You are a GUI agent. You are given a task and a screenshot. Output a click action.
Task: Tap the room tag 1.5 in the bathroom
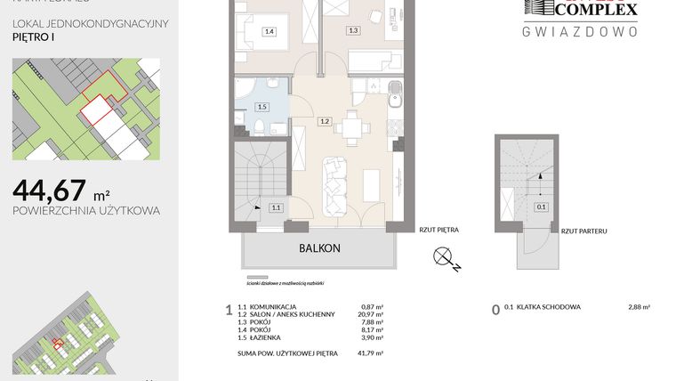pos(261,107)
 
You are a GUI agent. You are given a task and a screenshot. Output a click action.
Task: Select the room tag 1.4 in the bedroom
pos(270,32)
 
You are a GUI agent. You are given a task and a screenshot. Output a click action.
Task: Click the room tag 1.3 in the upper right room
pos(353,30)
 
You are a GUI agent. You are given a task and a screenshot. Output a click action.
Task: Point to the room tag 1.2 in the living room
pos(325,121)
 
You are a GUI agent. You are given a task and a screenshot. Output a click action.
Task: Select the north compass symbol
pos(445,258)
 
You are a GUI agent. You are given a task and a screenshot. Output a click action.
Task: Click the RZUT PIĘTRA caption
pos(439,230)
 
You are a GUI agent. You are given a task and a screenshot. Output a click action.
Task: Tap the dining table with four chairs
pos(353,126)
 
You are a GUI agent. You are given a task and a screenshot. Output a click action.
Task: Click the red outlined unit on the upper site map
pos(99,105)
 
